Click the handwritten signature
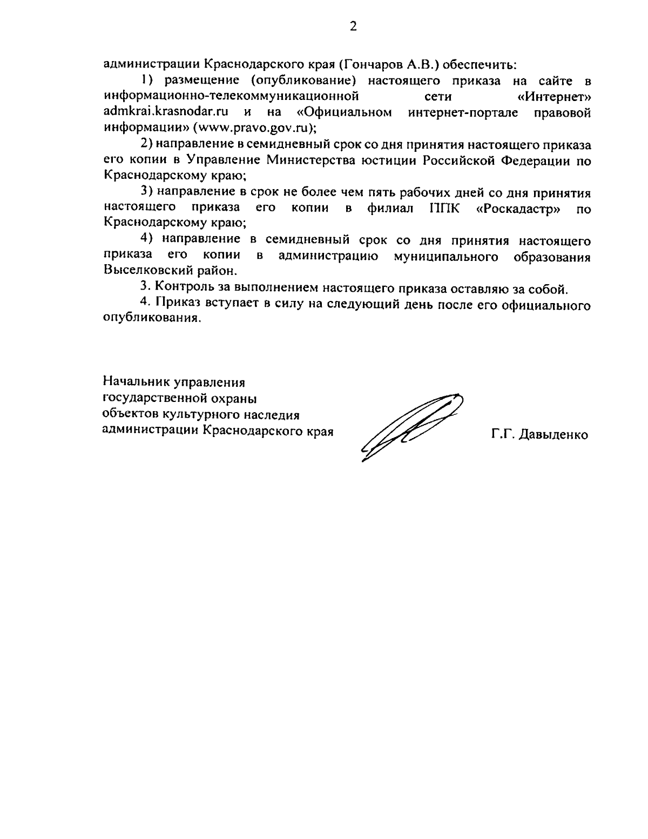click(x=410, y=424)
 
